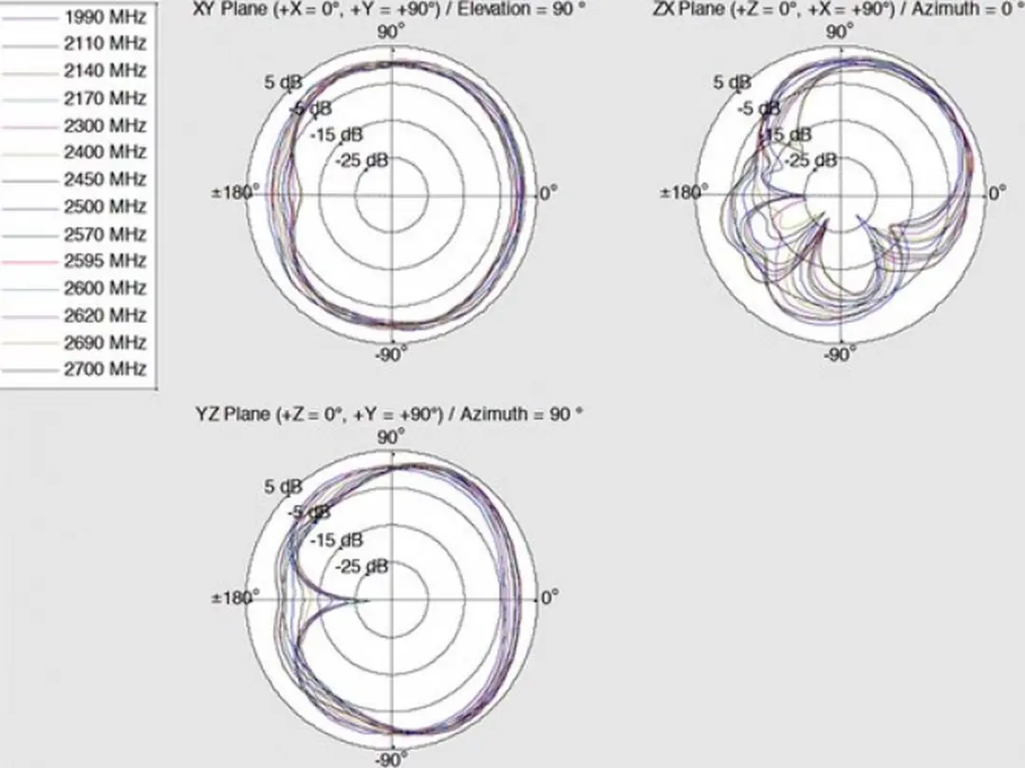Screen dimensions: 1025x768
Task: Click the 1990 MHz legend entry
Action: click(104, 16)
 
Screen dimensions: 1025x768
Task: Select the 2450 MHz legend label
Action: click(104, 179)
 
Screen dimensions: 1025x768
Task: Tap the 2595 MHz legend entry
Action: click(104, 261)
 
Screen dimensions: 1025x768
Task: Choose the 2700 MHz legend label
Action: click(104, 369)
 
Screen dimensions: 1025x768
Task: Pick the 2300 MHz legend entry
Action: click(104, 125)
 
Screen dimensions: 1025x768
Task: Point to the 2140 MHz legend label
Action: click(104, 70)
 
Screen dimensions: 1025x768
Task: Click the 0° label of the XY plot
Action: click(548, 194)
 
